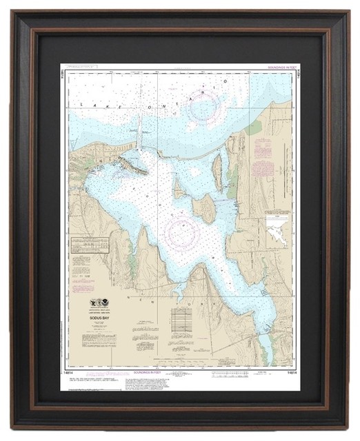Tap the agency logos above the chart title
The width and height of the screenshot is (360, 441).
(x=101, y=302)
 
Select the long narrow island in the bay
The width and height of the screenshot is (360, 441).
(x=218, y=172)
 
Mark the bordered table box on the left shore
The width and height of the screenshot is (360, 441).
(x=90, y=245)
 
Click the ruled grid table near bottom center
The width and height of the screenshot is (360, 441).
(x=181, y=321)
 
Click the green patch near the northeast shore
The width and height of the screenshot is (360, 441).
(x=256, y=127)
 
